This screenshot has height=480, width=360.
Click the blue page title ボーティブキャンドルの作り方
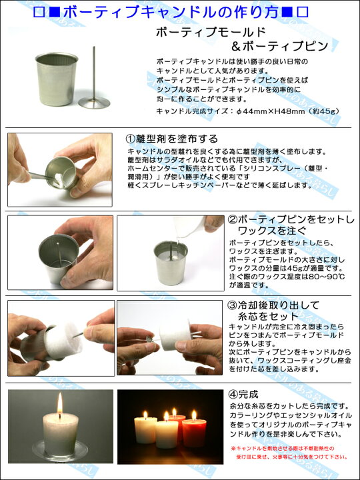tap(171, 12)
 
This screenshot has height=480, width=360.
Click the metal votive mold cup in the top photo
tap(57, 79)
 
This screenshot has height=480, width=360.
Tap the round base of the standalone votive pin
tap(94, 103)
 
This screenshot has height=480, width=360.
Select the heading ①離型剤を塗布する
tap(172, 139)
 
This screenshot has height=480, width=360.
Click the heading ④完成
tap(244, 394)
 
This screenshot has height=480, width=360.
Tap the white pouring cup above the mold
tap(189, 227)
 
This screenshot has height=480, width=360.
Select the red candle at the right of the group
tap(194, 432)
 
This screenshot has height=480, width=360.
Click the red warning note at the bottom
tap(289, 453)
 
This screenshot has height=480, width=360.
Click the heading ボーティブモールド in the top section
tap(211, 32)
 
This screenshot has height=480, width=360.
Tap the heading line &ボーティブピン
tap(279, 46)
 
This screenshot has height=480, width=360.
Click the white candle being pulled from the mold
tap(63, 340)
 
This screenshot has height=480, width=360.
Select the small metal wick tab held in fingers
tap(149, 339)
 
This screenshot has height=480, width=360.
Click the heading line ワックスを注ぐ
tap(272, 230)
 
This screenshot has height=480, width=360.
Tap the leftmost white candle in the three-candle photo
tap(146, 429)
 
